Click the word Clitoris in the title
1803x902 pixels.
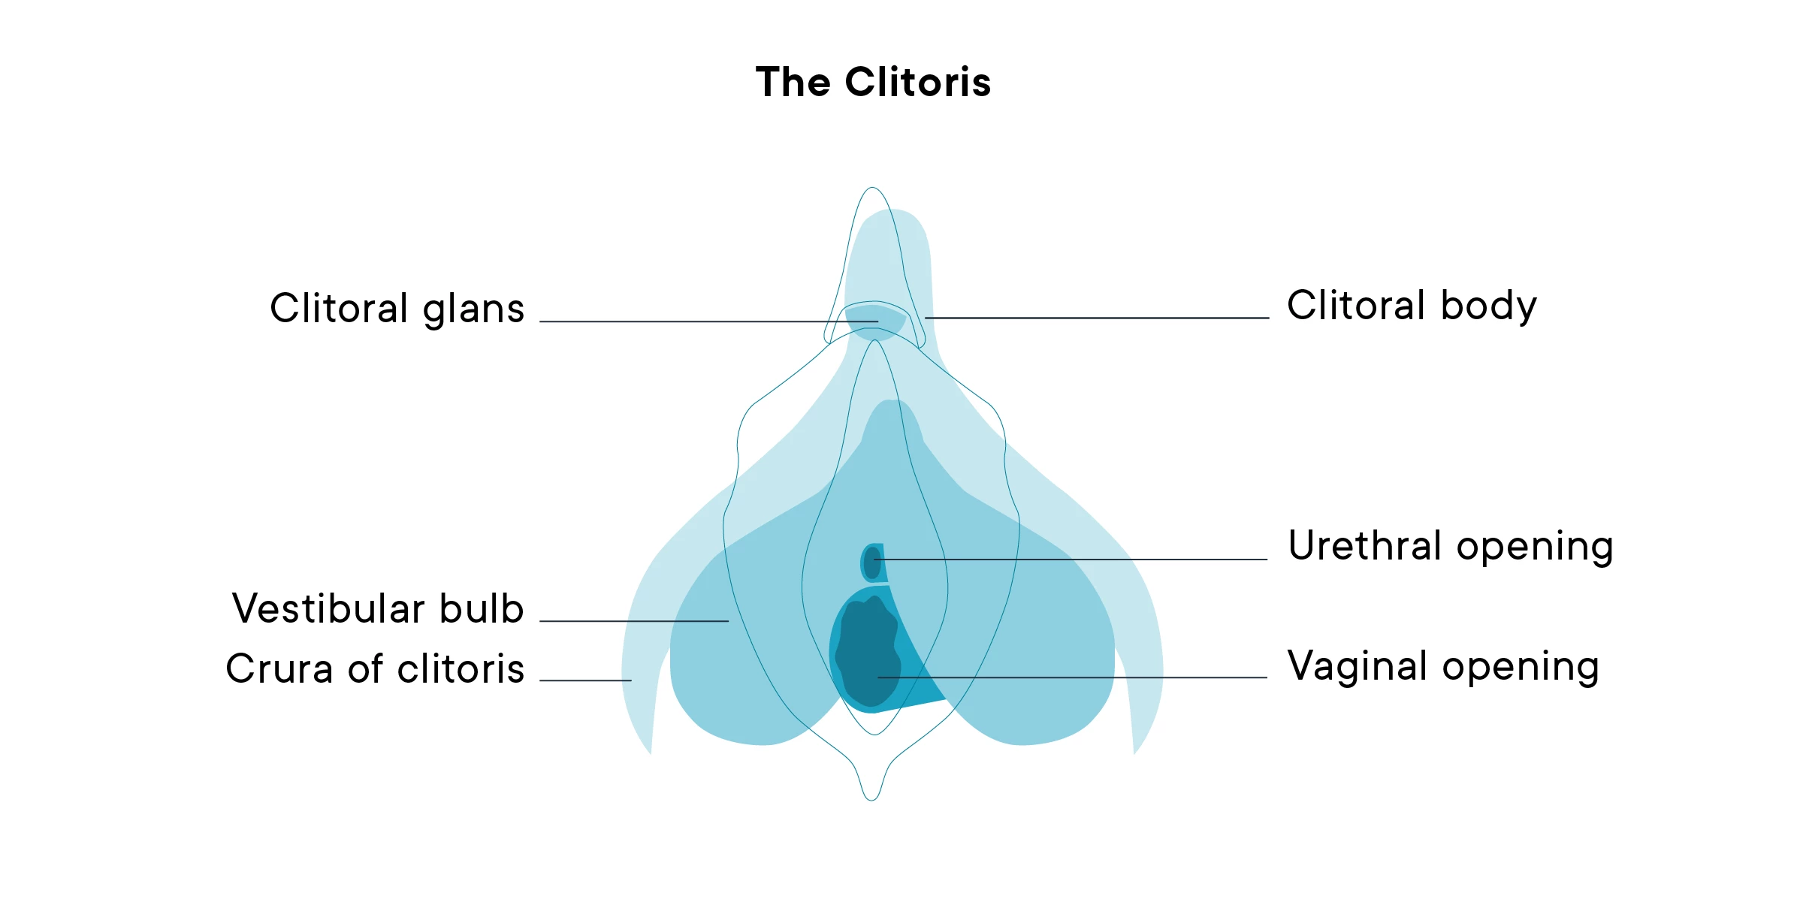point(917,82)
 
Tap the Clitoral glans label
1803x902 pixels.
point(397,309)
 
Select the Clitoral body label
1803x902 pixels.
point(1412,306)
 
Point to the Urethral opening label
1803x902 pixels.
point(1450,546)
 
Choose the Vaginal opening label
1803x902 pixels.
point(1443,666)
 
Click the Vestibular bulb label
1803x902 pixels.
point(378,608)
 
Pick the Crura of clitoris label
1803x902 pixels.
point(375,668)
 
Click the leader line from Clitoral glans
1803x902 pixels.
point(706,321)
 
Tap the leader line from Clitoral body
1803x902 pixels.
point(1097,318)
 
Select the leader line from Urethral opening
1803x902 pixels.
point(1074,560)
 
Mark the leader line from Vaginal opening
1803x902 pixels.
point(1074,677)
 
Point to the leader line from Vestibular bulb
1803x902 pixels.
point(635,621)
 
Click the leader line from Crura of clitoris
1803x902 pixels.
point(585,680)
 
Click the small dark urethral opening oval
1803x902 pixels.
point(871,563)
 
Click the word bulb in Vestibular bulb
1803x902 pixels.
point(482,608)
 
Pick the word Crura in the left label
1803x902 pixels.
point(279,668)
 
